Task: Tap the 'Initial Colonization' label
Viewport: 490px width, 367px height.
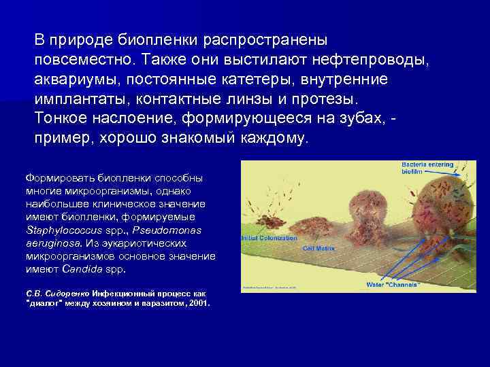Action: coord(269,238)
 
